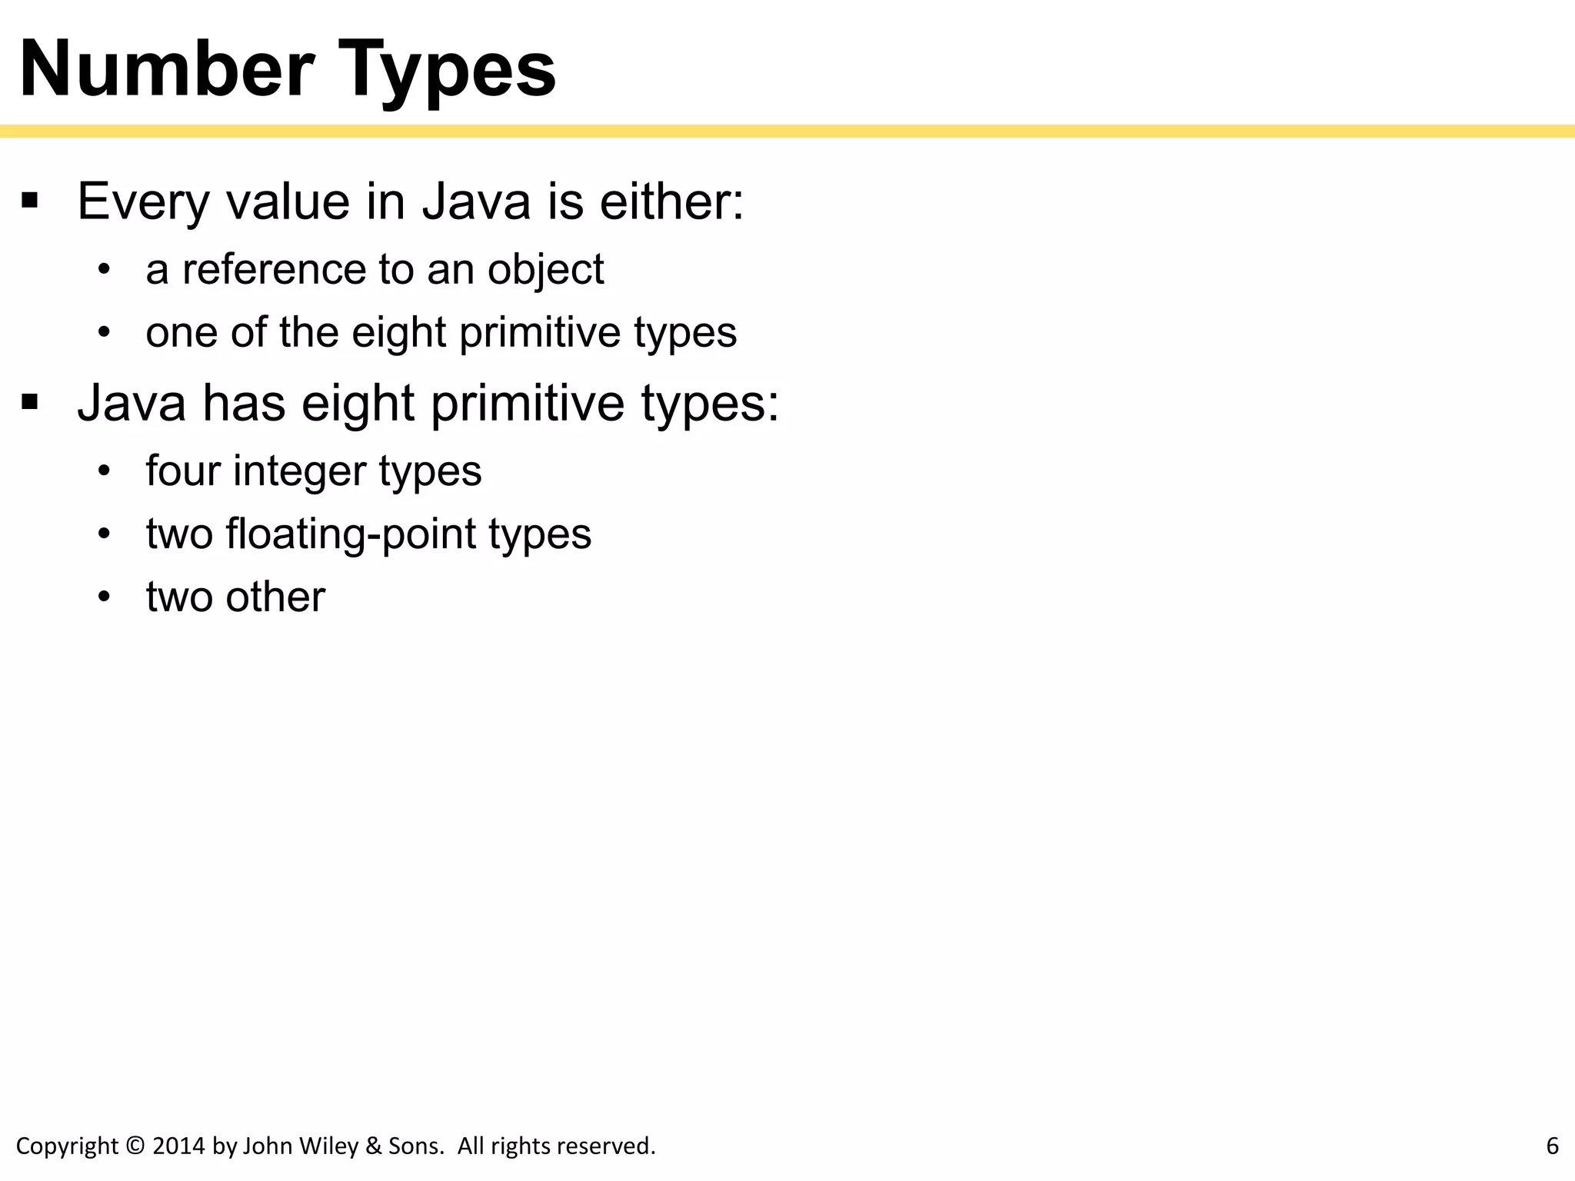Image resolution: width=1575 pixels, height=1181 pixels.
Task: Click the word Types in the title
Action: [x=448, y=72]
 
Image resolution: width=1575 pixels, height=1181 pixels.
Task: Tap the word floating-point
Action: [x=351, y=534]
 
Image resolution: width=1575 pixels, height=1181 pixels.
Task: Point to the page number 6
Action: [x=1552, y=1146]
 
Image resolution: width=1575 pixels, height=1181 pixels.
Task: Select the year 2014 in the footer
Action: [x=179, y=1146]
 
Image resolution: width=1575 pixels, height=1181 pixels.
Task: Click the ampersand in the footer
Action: [x=374, y=1146]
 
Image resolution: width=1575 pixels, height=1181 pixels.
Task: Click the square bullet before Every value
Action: [x=30, y=201]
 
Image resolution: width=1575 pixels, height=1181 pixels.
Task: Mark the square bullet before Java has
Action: [x=30, y=402]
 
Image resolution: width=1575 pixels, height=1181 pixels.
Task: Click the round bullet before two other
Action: [x=105, y=597]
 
